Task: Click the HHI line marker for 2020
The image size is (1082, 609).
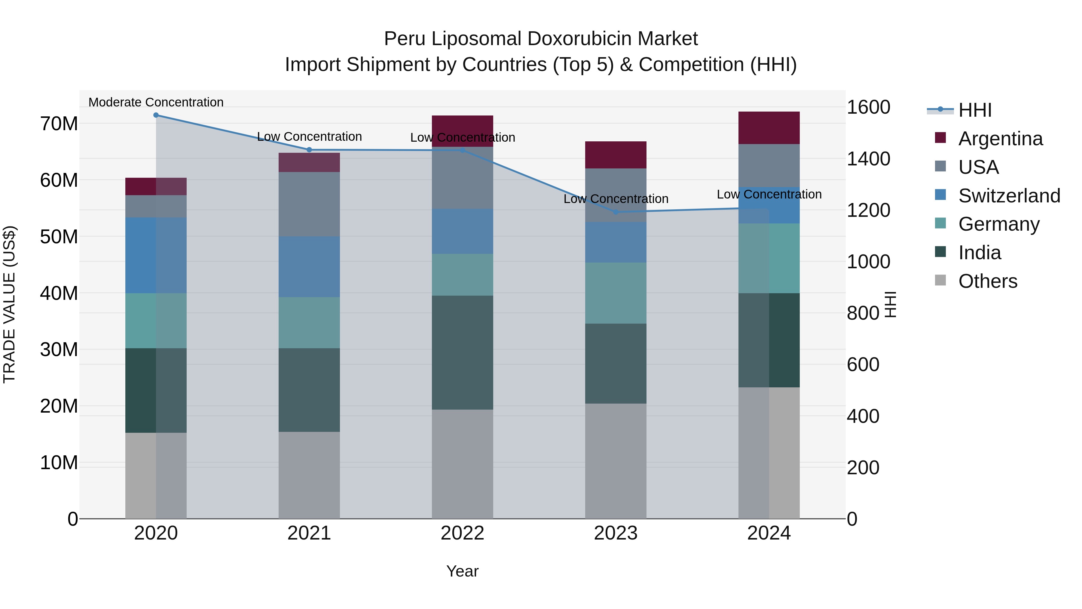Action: click(156, 115)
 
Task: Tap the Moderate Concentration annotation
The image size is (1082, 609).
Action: click(156, 102)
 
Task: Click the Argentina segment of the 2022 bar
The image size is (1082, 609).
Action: click(463, 131)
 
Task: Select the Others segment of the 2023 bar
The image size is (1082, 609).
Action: click(616, 461)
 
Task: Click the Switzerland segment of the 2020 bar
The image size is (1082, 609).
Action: click(156, 255)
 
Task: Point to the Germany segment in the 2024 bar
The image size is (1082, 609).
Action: click(769, 258)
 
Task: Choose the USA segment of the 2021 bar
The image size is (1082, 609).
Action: click(309, 204)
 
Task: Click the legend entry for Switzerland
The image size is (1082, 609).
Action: click(1009, 196)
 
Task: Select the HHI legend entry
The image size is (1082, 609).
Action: click(974, 110)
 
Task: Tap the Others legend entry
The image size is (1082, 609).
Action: click(988, 281)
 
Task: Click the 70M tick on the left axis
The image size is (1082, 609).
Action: click(59, 124)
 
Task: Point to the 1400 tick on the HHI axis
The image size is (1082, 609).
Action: click(868, 159)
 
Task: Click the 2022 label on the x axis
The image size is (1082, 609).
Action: click(463, 533)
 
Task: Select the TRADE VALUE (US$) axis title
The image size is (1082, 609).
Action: click(9, 304)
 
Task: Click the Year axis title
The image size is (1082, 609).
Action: click(463, 571)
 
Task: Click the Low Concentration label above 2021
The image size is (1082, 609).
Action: click(309, 137)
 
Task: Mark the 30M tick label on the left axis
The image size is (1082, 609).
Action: click(59, 350)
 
